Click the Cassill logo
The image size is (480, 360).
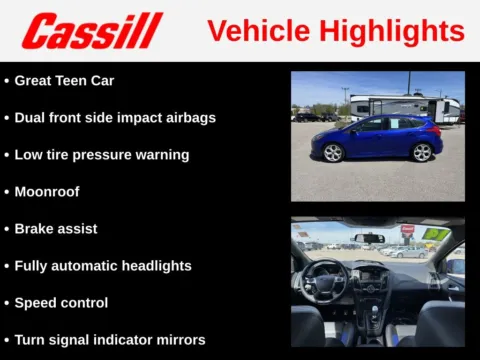pos(92,31)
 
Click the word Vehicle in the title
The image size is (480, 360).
pos(254,31)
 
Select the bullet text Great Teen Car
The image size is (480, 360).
pos(64,80)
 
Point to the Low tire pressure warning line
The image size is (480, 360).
pos(101,154)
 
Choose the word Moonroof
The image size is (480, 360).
pos(47,191)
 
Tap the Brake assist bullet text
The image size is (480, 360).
pos(56,228)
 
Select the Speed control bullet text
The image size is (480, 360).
pos(61,302)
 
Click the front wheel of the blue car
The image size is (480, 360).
pos(333,153)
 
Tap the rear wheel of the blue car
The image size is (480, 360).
pos(422,152)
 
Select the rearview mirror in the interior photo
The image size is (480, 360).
pos(369,238)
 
